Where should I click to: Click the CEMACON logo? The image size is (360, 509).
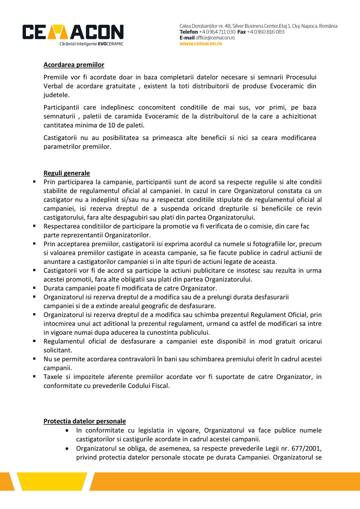pyautogui.click(x=73, y=32)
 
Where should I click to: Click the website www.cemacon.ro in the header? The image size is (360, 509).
pyautogui.click(x=201, y=44)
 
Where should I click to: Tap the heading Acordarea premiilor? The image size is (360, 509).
pyautogui.click(x=74, y=65)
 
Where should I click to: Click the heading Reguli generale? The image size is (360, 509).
pyautogui.click(x=67, y=173)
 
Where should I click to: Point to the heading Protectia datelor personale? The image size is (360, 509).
pyautogui.click(x=85, y=421)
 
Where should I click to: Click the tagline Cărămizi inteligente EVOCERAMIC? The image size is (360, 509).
pyautogui.click(x=91, y=44)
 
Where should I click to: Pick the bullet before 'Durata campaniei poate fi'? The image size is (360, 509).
pyautogui.click(x=34, y=288)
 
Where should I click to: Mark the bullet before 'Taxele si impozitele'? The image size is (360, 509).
pyautogui.click(x=34, y=376)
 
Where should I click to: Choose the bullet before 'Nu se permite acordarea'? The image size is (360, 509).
pyautogui.click(x=34, y=359)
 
